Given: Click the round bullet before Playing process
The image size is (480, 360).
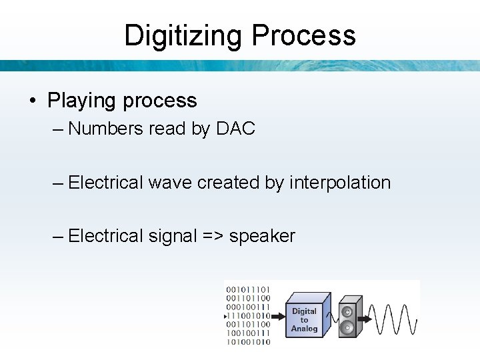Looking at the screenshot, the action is pyautogui.click(x=31, y=101).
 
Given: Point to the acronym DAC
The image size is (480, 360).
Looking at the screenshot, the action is pyautogui.click(x=236, y=129).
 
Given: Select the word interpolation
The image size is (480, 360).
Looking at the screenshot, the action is pyautogui.click(x=340, y=182).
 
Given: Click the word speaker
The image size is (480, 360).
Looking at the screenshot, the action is pyautogui.click(x=262, y=236).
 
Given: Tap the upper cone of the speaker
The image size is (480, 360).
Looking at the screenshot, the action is pyautogui.click(x=347, y=311).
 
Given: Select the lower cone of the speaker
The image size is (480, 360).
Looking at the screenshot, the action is pyautogui.click(x=347, y=327).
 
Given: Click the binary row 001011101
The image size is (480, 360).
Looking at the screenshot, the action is pyautogui.click(x=248, y=290).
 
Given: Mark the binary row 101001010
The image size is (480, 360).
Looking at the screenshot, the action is pyautogui.click(x=248, y=342).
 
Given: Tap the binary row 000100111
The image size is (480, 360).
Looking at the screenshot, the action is pyautogui.click(x=248, y=307).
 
